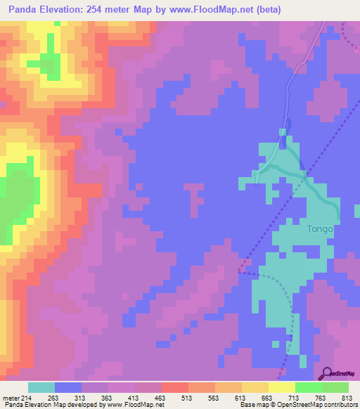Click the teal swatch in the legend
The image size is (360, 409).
tap(41, 388)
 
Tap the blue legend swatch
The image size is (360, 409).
tap(68, 388)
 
